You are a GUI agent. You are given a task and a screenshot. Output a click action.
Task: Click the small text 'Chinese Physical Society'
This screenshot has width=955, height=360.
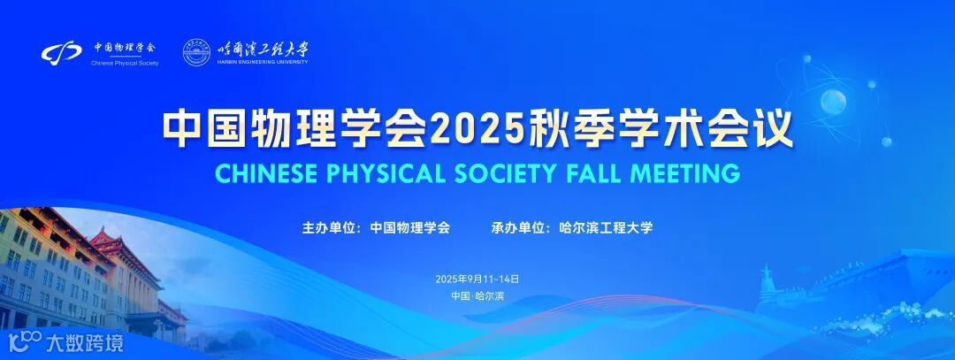tap(125, 64)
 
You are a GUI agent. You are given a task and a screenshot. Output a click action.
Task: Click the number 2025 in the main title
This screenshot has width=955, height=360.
tap(465, 129)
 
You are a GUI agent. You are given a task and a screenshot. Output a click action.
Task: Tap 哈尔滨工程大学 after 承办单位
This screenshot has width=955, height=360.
tap(607, 228)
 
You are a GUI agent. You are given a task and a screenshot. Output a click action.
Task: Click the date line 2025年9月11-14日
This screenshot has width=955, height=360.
tap(477, 279)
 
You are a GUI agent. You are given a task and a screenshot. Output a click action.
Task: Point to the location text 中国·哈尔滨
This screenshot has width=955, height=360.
tap(477, 296)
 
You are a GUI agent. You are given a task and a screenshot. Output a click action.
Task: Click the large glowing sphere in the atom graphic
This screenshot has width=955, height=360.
tap(833, 103)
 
